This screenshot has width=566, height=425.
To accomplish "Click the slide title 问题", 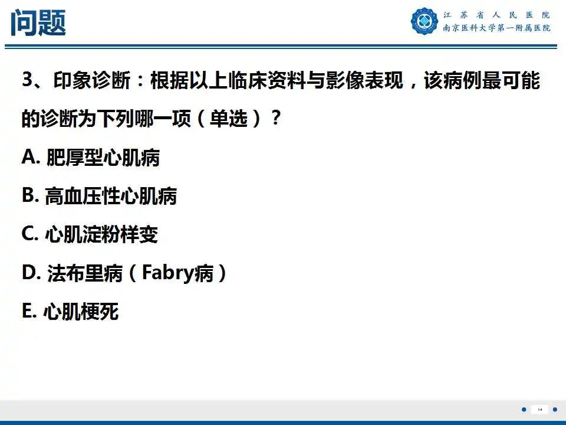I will (38, 23).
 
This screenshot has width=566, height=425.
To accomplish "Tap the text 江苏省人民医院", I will (496, 15).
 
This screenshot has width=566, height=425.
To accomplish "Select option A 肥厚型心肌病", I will (91, 158).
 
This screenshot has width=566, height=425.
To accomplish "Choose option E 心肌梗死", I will (70, 312).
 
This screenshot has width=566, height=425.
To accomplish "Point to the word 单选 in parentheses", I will (229, 119).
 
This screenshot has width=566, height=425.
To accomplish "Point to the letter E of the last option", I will (28, 312).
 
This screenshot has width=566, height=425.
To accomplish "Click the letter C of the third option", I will (28, 234).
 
